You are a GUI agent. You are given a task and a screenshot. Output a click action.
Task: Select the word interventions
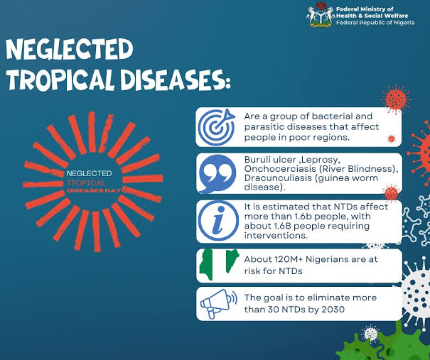click(276, 236)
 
